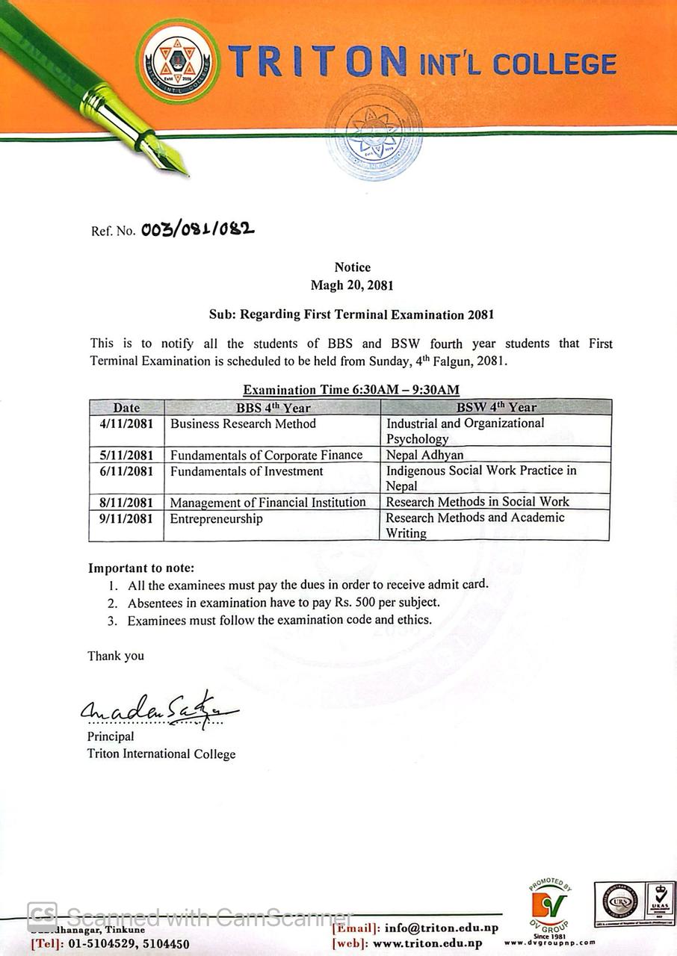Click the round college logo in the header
pos(178,60)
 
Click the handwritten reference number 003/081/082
pos(197,229)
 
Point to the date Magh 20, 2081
pos(352,285)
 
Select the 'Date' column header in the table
pos(126,408)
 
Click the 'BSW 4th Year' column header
pos(496,408)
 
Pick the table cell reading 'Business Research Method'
pos(243,423)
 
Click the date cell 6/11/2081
pos(126,471)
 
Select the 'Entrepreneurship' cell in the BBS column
pos(217,518)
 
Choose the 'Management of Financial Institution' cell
pos(268,503)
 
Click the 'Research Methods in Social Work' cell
pos(477,502)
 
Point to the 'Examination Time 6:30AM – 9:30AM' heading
pos(351,389)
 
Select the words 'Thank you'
pos(116,656)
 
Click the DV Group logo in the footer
pos(549,905)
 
